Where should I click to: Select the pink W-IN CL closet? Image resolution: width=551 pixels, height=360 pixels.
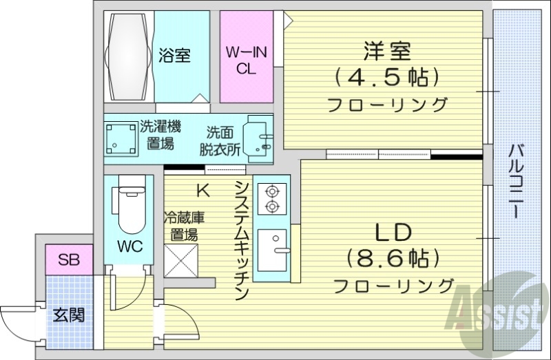(246, 58)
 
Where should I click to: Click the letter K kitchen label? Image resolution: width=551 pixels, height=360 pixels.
(203, 190)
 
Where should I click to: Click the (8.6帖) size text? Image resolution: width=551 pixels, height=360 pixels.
(393, 258)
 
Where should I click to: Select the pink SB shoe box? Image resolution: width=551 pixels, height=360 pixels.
(68, 260)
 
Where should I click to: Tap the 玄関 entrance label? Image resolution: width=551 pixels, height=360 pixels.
(69, 315)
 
